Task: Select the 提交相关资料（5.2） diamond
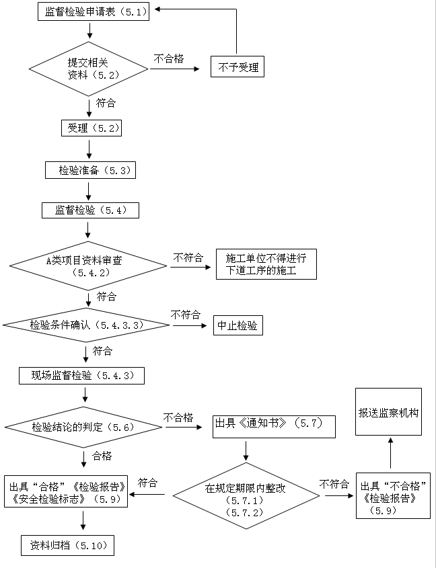89,69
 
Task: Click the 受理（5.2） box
90,128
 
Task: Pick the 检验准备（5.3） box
90,170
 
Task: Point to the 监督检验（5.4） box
90,210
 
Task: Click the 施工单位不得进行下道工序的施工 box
266,265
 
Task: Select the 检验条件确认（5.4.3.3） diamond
86,325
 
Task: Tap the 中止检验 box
238,325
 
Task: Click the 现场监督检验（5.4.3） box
81,374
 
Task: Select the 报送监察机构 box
388,412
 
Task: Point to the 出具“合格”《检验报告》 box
66,491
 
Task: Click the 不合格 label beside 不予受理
169,59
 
